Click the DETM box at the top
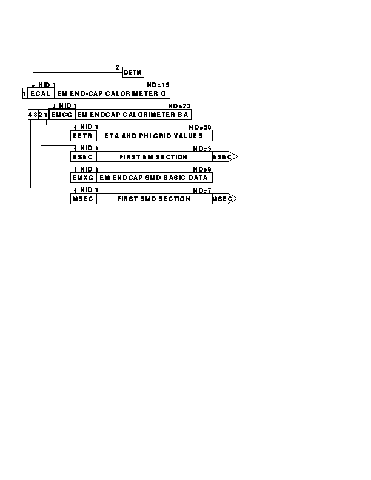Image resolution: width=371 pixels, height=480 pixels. pos(133,72)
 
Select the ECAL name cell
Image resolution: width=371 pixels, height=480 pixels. pos(41,93)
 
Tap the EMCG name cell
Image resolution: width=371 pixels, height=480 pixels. pos(62,115)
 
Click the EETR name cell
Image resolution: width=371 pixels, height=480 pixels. pos(83,136)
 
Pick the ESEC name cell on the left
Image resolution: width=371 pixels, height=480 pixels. pos(83,157)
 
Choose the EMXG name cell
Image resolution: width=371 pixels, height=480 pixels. pos(83,178)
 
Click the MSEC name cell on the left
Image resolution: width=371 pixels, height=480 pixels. pos(83,199)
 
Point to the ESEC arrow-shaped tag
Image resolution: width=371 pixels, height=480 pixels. pos(225,157)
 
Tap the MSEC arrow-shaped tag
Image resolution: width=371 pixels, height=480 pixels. pos(225,199)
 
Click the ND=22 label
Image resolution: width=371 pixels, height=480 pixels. pos(179,106)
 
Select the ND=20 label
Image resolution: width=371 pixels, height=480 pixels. pos(200,127)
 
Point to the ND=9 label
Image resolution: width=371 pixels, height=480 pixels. pos(202,169)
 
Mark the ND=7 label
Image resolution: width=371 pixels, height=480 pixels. pos(202,190)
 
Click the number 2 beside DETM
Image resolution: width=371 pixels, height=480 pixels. pos(117,67)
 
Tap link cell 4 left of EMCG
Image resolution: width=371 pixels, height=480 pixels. pos(30,115)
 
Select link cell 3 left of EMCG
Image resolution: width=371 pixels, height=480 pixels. pos(36,115)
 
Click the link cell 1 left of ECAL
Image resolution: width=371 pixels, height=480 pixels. pos(25,93)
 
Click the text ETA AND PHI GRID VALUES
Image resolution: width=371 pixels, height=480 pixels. pos(153,136)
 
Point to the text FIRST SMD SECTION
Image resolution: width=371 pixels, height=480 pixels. pos(153,199)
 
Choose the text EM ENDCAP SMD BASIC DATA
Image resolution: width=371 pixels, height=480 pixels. pos(153,178)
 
